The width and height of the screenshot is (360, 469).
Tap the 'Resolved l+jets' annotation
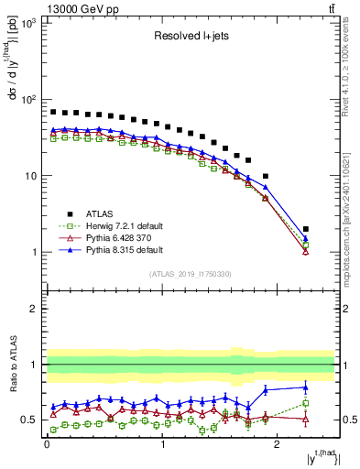191,37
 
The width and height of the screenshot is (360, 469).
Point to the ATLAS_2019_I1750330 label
191,274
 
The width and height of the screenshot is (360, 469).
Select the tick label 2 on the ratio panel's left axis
34,309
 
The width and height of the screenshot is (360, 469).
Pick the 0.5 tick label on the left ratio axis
28,420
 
